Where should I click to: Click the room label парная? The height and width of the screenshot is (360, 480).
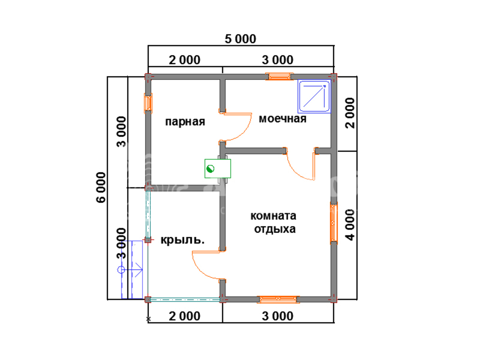[185, 122]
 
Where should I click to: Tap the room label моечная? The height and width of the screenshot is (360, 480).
[282, 119]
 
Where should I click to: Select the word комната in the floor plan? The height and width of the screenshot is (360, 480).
[273, 216]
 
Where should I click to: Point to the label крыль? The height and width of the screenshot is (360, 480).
[182, 240]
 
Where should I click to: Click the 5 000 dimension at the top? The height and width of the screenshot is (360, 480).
[240, 39]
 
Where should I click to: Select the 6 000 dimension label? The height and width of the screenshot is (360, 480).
[101, 187]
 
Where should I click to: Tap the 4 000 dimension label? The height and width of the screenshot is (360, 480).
[350, 225]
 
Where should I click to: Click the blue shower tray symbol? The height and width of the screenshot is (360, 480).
[314, 96]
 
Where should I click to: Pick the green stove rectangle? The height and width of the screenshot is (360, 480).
[217, 168]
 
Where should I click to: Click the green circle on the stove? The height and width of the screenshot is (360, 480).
[210, 169]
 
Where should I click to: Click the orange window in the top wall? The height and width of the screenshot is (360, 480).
[279, 76]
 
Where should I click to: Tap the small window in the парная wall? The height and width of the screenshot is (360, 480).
[148, 103]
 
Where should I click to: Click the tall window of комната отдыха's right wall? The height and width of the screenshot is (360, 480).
[333, 223]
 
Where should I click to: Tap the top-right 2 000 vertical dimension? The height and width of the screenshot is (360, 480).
[350, 113]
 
